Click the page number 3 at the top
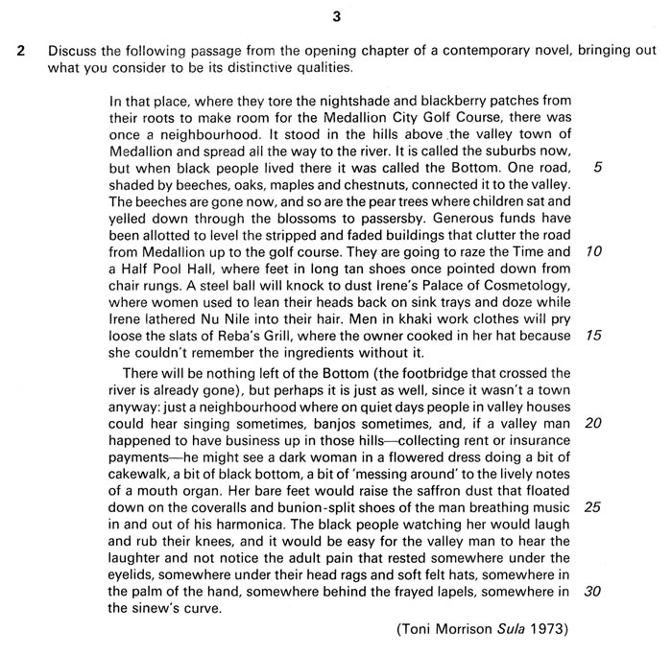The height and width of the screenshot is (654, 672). coord(336,14)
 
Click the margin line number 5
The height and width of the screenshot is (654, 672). coord(598,167)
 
